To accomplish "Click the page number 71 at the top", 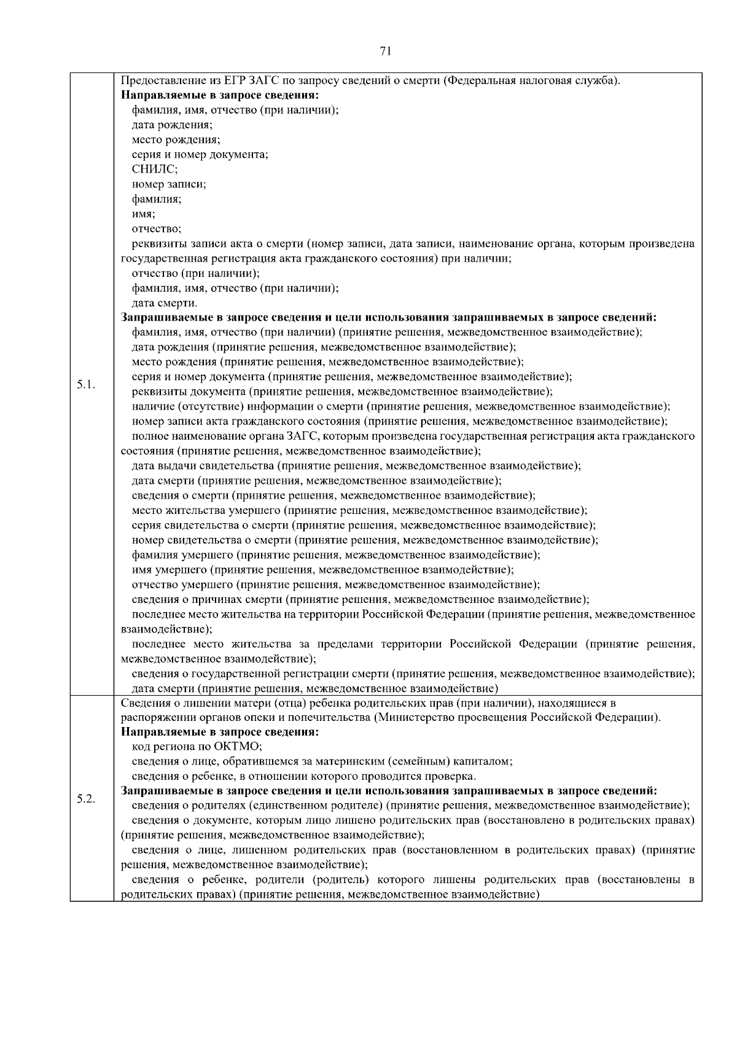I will (x=386, y=52).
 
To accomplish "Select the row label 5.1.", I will (x=85, y=384).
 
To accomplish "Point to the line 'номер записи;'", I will (x=169, y=184).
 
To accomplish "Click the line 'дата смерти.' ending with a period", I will (x=165, y=303).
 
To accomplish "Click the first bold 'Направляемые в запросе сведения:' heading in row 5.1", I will (x=220, y=96).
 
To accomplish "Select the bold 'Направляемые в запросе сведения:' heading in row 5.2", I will (x=220, y=732).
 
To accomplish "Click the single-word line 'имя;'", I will (x=143, y=214).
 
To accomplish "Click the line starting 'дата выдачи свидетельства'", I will (x=356, y=466).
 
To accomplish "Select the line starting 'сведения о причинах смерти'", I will (x=361, y=599).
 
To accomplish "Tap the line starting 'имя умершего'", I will (x=322, y=570).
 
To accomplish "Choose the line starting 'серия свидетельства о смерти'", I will (x=364, y=525).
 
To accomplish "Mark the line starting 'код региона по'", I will (x=197, y=747).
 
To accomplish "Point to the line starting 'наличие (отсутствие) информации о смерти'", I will (x=400, y=406).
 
